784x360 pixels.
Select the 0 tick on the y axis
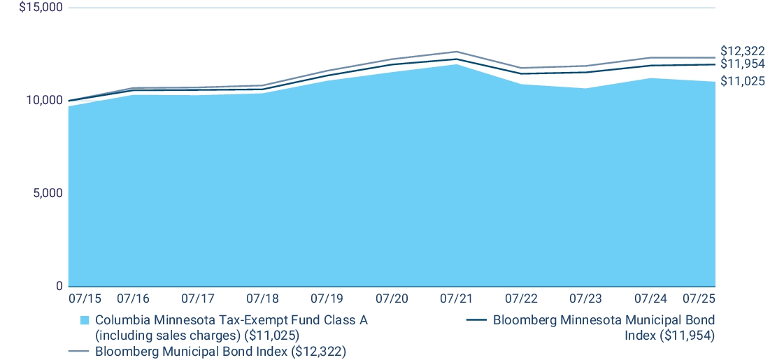[59, 286]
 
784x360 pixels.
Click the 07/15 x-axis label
[85, 298]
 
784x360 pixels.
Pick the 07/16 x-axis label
[133, 298]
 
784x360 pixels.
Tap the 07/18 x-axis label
[262, 298]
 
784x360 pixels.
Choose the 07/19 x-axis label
[327, 298]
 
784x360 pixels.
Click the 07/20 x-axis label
[392, 298]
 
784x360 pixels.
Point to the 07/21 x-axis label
[456, 298]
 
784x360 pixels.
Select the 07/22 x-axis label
[521, 298]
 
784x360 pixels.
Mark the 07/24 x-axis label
[650, 298]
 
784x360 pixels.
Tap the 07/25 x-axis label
[699, 298]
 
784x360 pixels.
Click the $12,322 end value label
[742, 51]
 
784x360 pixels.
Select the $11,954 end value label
[742, 64]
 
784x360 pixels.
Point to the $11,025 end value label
[742, 82]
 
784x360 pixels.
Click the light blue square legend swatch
[85, 321]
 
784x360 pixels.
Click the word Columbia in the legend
[120, 320]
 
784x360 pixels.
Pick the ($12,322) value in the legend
[320, 351]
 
